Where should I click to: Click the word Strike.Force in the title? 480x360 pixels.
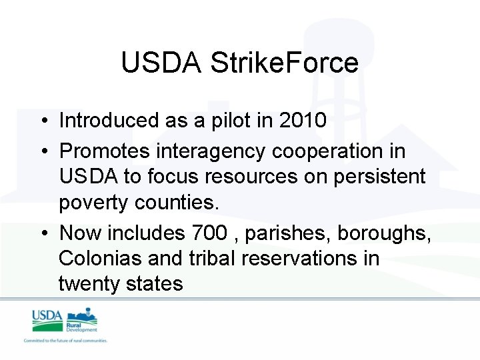(x=285, y=63)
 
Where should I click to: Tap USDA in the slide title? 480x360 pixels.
(x=162, y=63)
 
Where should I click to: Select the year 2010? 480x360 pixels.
(x=303, y=120)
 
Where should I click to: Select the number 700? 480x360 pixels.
(x=209, y=233)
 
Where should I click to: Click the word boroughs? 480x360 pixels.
(x=384, y=233)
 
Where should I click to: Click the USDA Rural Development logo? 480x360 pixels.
(x=65, y=320)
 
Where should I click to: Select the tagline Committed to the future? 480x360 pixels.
(x=65, y=341)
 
